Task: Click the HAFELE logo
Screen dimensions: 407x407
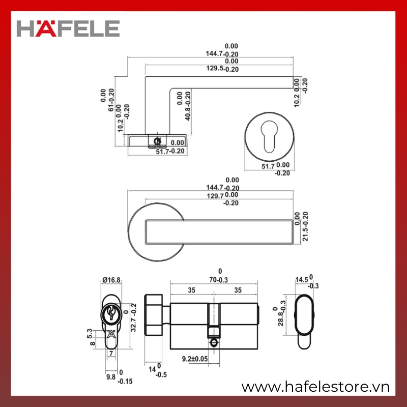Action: click(x=68, y=28)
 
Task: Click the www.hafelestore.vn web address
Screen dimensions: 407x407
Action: click(x=315, y=387)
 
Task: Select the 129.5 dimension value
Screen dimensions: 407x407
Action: click(x=215, y=68)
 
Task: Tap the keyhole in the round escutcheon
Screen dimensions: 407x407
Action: click(x=269, y=136)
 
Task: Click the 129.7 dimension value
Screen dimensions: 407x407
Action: click(x=215, y=196)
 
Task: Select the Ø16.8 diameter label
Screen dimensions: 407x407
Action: click(x=111, y=280)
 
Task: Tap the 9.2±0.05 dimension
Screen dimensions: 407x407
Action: click(x=195, y=359)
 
